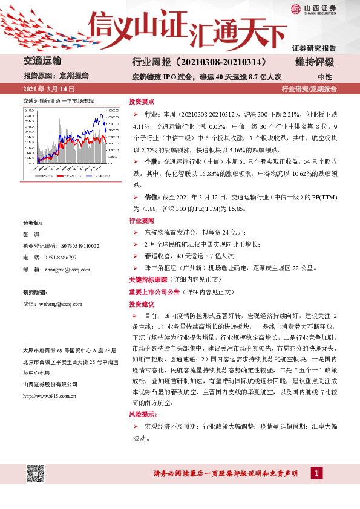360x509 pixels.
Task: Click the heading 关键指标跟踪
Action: click(x=150, y=280)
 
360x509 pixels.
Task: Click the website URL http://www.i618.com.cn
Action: click(x=49, y=395)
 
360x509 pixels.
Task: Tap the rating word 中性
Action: click(x=325, y=77)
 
